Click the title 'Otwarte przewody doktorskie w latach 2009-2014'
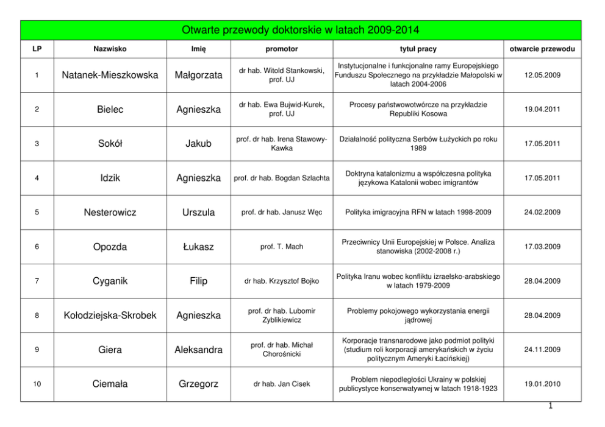coord(301,30)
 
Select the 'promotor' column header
coord(282,49)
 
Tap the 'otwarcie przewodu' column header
coord(542,49)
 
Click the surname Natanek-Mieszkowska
coord(110,75)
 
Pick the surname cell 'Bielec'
coord(110,110)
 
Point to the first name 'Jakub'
coord(198,144)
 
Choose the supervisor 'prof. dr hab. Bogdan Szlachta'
coord(282,178)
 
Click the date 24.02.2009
coord(542,213)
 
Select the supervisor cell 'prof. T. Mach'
coord(282,247)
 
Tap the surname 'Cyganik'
coord(110,281)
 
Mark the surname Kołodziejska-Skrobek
coord(110,316)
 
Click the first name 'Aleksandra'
coord(198,350)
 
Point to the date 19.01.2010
coord(542,384)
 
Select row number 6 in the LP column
coord(37,247)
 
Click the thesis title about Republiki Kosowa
coord(418,110)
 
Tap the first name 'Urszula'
coord(198,213)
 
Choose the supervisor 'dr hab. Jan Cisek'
coord(282,384)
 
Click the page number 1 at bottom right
coord(550,408)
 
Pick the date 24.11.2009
coord(542,350)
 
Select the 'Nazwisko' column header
coord(110,49)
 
